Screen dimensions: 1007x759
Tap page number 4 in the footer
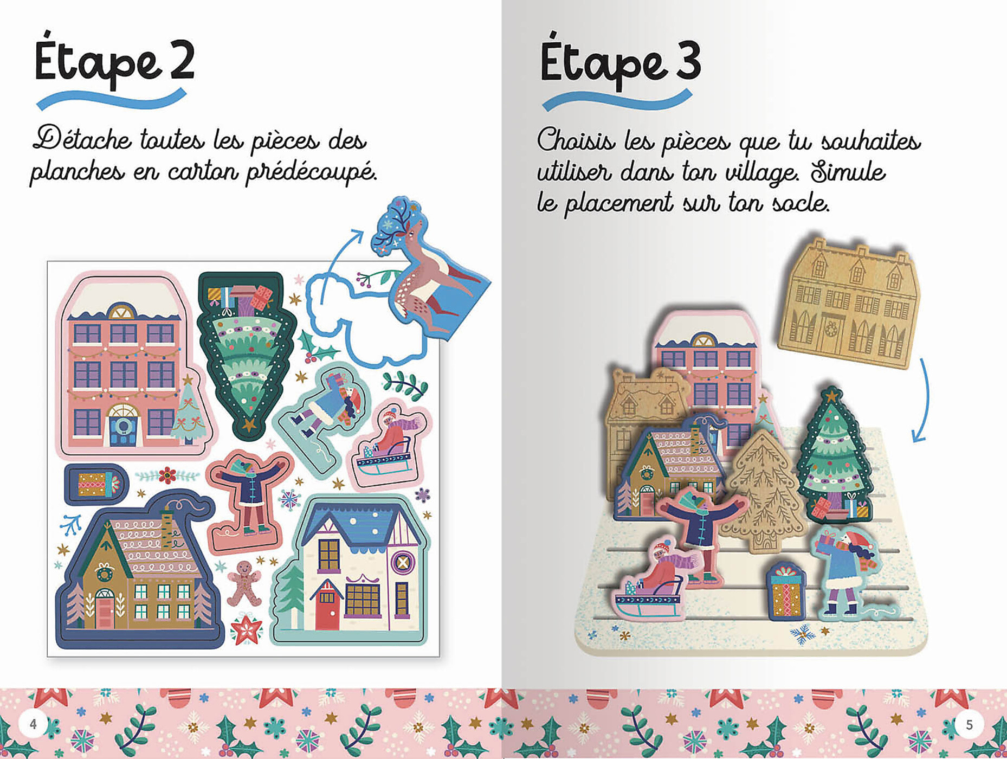pos(34,724)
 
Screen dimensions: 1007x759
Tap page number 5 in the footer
pos(969,724)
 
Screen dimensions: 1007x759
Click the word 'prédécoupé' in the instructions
pos(311,172)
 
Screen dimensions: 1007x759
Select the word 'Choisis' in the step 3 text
pos(576,140)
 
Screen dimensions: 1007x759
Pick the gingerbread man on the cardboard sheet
pos(243,583)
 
